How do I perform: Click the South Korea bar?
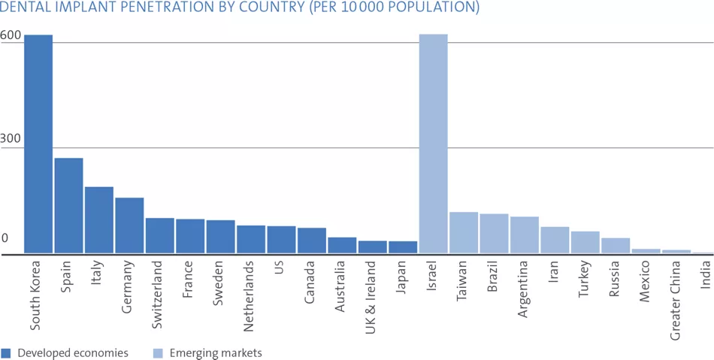(x=38, y=144)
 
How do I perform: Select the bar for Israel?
(x=433, y=144)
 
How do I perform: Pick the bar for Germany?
(x=129, y=225)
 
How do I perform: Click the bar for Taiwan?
(x=464, y=233)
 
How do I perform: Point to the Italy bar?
(x=98, y=219)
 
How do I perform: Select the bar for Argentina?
(x=525, y=235)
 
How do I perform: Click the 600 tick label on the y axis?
(x=11, y=35)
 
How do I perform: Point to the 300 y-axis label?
(x=11, y=141)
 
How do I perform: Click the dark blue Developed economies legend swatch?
(x=6, y=352)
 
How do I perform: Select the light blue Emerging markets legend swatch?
(x=157, y=352)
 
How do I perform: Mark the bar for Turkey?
(x=585, y=242)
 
